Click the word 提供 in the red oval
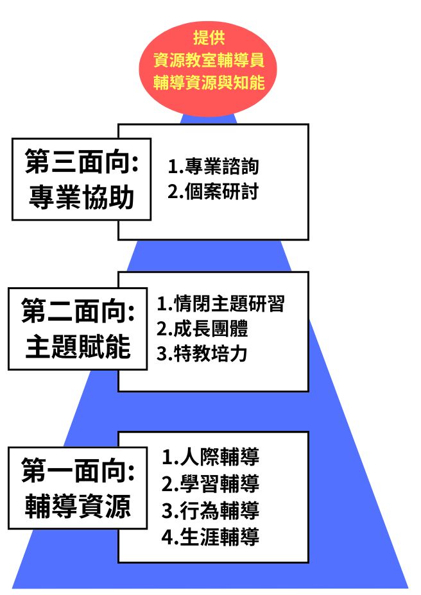[209, 37]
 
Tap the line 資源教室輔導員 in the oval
[209, 60]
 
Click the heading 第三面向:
[82, 162]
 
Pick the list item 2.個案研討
[213, 192]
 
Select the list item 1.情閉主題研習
[220, 303]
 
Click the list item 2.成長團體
[202, 329]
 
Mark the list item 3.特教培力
[202, 354]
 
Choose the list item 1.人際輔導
[210, 457]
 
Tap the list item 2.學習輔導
[210, 483]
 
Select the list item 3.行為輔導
[210, 510]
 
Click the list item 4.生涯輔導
[210, 537]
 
